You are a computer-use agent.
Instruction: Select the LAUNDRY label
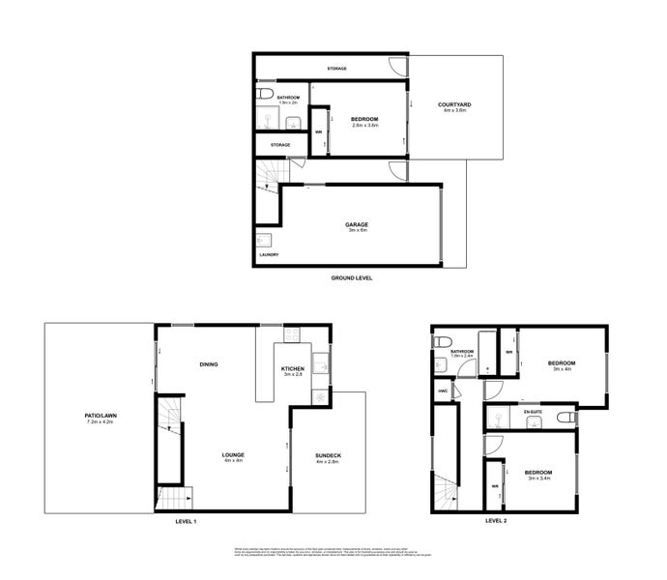tap(269, 255)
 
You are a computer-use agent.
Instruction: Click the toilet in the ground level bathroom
tap(264, 96)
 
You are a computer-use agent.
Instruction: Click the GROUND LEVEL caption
tap(352, 277)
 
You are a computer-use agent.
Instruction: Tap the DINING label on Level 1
tap(208, 364)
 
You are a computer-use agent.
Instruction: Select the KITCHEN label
tap(294, 368)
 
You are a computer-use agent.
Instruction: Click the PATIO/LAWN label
tap(101, 417)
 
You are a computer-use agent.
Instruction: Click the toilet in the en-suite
tap(570, 416)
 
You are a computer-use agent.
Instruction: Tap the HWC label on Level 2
tap(443, 391)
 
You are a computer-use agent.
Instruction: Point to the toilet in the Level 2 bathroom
tap(441, 343)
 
